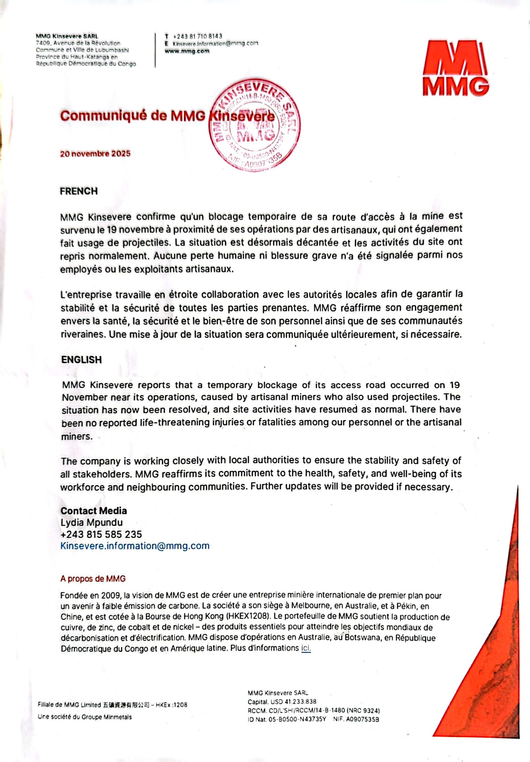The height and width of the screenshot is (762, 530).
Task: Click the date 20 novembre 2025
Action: [x=95, y=154]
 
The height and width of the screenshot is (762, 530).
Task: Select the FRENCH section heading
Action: [x=79, y=191]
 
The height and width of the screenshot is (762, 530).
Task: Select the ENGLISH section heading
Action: [x=81, y=360]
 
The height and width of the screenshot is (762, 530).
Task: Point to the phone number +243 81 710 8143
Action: [x=198, y=36]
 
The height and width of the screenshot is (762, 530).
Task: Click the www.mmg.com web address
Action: [x=187, y=51]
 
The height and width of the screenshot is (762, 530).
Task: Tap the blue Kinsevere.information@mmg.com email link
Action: [x=135, y=546]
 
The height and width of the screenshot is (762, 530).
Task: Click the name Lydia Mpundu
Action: [x=92, y=522]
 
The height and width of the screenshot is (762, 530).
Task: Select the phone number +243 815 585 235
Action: [x=101, y=534]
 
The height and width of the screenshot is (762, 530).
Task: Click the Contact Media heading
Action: [x=93, y=510]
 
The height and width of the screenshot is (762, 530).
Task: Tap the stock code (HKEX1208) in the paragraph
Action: [x=247, y=617]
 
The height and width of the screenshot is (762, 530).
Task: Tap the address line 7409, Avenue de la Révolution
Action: [x=78, y=43]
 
